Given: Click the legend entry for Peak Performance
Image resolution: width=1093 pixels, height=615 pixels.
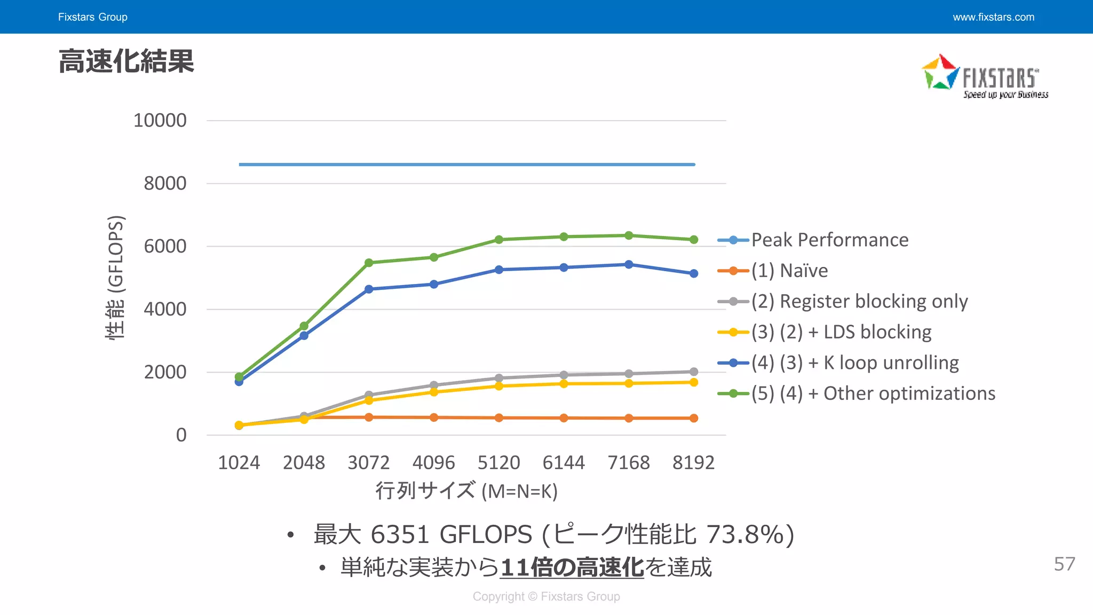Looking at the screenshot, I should [829, 240].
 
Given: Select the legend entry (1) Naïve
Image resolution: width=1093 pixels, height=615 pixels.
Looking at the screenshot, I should [789, 271].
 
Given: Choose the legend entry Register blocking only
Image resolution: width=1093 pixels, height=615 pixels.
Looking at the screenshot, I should [859, 302].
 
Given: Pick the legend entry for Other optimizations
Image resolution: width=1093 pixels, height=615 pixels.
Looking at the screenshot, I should [873, 393].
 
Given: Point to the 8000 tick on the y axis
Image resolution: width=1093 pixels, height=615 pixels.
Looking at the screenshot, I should [165, 184].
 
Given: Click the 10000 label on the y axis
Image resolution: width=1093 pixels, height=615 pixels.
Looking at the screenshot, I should [160, 121].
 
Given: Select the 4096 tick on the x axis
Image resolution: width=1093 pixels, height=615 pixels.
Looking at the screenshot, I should [433, 462].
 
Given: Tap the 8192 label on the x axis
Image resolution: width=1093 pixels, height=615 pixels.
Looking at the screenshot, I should [693, 462].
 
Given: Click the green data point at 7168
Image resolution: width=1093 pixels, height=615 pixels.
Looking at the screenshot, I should [629, 235].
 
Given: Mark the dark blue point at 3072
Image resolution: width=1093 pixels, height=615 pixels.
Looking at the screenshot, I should [369, 289].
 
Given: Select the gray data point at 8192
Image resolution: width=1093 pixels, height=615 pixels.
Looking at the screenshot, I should [693, 372].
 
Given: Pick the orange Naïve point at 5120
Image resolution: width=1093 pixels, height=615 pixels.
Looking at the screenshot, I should [498, 418].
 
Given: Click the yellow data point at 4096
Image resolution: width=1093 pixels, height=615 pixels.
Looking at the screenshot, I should [433, 392].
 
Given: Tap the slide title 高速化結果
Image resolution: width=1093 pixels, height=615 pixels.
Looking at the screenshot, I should [126, 61].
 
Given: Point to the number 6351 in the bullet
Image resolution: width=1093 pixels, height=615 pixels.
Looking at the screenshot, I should [400, 534].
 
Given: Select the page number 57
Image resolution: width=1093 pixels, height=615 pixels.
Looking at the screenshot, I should [1064, 564].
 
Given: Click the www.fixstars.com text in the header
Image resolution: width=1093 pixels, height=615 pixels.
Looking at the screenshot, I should [993, 17].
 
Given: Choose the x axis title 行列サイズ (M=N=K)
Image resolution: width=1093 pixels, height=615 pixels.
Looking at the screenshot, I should [466, 491].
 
